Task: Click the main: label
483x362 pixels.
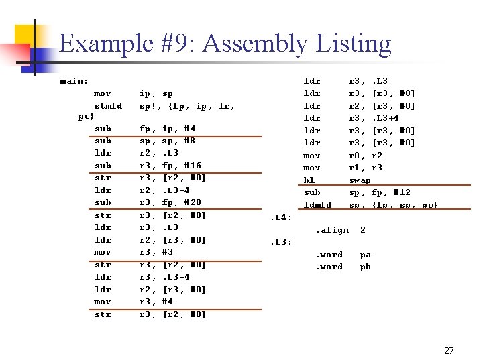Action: [x=74, y=81]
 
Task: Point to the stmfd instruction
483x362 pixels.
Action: [x=109, y=105]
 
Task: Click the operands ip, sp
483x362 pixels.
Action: [x=156, y=93]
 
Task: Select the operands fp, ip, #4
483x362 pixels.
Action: [x=167, y=128]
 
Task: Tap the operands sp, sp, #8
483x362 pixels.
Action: [x=167, y=141]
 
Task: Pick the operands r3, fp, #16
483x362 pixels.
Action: [x=170, y=165]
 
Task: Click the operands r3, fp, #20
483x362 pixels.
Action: [x=170, y=202]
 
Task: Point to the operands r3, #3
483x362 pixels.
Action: [x=156, y=252]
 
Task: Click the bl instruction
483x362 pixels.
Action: [x=309, y=180]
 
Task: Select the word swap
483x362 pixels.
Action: [x=360, y=180]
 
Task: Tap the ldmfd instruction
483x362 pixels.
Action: [x=317, y=204]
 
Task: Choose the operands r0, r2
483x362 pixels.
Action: [x=366, y=155]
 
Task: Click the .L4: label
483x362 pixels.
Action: [x=280, y=217]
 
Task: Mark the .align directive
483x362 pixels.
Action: [x=332, y=230]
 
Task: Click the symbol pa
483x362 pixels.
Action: [x=365, y=255]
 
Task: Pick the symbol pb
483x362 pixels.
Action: [x=365, y=267]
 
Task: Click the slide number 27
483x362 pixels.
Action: [x=449, y=350]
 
